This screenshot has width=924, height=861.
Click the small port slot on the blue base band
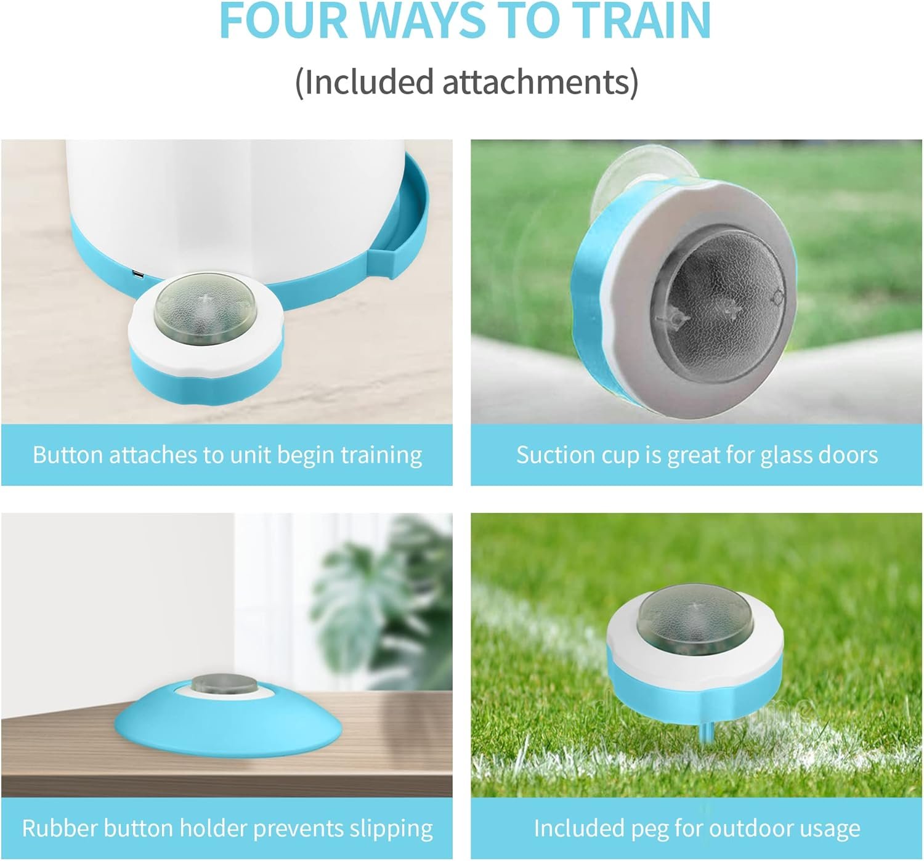pyautogui.click(x=138, y=273)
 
